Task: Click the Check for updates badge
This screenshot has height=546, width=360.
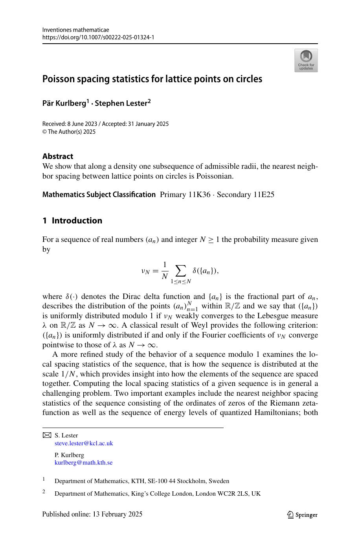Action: pos(306,60)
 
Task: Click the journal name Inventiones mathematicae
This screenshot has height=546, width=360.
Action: pos(75,30)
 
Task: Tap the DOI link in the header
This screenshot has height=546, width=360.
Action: pos(98,37)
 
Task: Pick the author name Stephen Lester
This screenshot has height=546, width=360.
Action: pos(120,103)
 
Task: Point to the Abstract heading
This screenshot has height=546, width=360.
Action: pos(58,156)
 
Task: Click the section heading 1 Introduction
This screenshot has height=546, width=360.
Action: pos(72,220)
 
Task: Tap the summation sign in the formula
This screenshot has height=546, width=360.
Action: pos(180,270)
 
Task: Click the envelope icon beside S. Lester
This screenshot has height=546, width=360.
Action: pos(47,435)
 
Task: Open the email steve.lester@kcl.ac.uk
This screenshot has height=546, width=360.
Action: pos(84,443)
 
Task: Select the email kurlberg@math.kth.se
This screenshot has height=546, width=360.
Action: pos(83,463)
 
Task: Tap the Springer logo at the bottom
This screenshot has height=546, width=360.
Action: pos(302,515)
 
